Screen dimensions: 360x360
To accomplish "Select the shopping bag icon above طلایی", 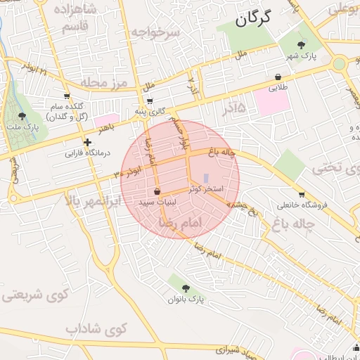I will coord(279,77).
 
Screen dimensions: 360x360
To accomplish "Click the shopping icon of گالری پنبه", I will coord(150,101).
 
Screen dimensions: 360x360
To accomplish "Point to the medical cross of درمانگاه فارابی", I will coord(87,142).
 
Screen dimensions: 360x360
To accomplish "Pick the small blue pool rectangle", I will coord(206,178).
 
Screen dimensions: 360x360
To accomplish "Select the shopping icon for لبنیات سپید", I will coord(156,191).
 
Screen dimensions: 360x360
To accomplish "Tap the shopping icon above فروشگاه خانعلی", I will coord(302,195).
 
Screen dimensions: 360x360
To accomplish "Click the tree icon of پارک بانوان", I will coord(186,288).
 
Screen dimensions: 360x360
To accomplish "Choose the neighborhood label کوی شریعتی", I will coord(28,295).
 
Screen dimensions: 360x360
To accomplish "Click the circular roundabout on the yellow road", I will coord(340,64).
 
